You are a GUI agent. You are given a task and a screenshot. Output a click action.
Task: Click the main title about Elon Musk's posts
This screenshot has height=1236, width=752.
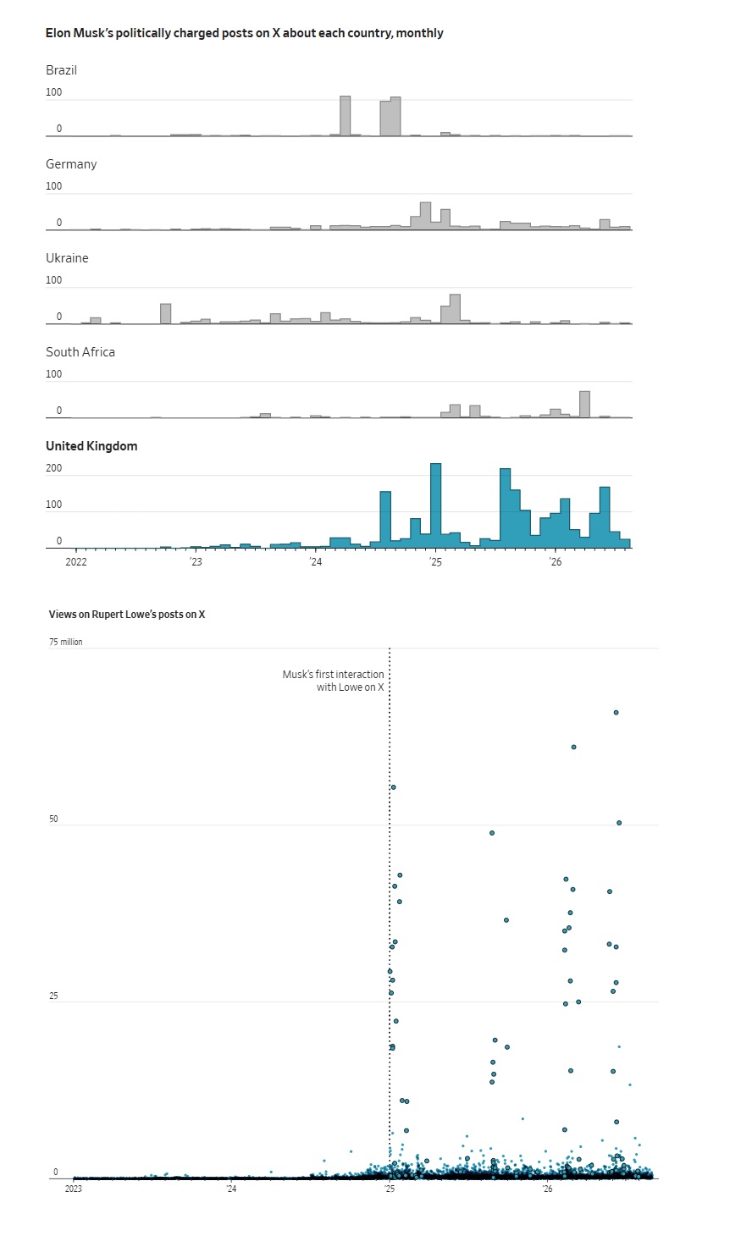click(x=244, y=33)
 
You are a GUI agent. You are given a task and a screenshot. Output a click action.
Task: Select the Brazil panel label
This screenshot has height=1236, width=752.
click(x=61, y=70)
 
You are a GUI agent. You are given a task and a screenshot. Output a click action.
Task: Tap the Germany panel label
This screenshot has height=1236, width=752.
click(x=71, y=164)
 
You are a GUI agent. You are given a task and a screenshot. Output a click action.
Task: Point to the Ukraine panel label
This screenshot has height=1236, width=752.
click(x=67, y=258)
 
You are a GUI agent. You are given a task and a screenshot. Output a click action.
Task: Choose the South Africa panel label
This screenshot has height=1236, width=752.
click(x=80, y=352)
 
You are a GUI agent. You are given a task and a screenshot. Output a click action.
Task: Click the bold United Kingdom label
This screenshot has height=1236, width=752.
click(x=91, y=446)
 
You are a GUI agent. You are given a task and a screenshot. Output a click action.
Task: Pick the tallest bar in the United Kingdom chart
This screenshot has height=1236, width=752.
click(x=435, y=505)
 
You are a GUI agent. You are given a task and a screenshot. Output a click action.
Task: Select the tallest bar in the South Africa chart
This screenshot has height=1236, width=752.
click(x=584, y=405)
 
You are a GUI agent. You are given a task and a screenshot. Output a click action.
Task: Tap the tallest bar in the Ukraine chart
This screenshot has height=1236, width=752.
click(x=455, y=309)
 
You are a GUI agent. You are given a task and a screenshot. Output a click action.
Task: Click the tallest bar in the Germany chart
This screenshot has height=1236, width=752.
click(x=425, y=216)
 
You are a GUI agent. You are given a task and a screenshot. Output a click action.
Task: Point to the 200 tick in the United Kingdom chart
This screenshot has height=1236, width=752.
click(x=54, y=468)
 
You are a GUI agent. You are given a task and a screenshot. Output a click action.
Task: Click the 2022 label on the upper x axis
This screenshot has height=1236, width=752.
click(x=76, y=562)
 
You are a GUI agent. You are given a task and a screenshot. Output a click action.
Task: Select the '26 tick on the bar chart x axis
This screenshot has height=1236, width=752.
click(x=555, y=562)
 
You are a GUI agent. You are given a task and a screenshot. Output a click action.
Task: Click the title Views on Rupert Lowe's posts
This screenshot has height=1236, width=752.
click(x=127, y=614)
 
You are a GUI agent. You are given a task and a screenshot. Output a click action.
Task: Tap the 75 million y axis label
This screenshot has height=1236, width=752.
click(x=66, y=642)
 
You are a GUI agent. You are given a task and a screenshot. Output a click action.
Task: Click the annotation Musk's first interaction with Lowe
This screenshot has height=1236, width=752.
click(x=333, y=681)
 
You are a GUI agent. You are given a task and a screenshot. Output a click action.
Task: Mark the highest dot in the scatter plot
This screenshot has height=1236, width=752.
click(x=617, y=712)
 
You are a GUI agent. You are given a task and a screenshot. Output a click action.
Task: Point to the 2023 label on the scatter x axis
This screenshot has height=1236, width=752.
click(x=74, y=1189)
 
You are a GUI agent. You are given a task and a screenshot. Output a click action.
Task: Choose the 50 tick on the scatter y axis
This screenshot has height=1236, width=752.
click(x=53, y=819)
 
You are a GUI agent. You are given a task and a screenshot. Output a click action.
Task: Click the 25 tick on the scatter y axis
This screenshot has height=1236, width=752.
click(x=53, y=996)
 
